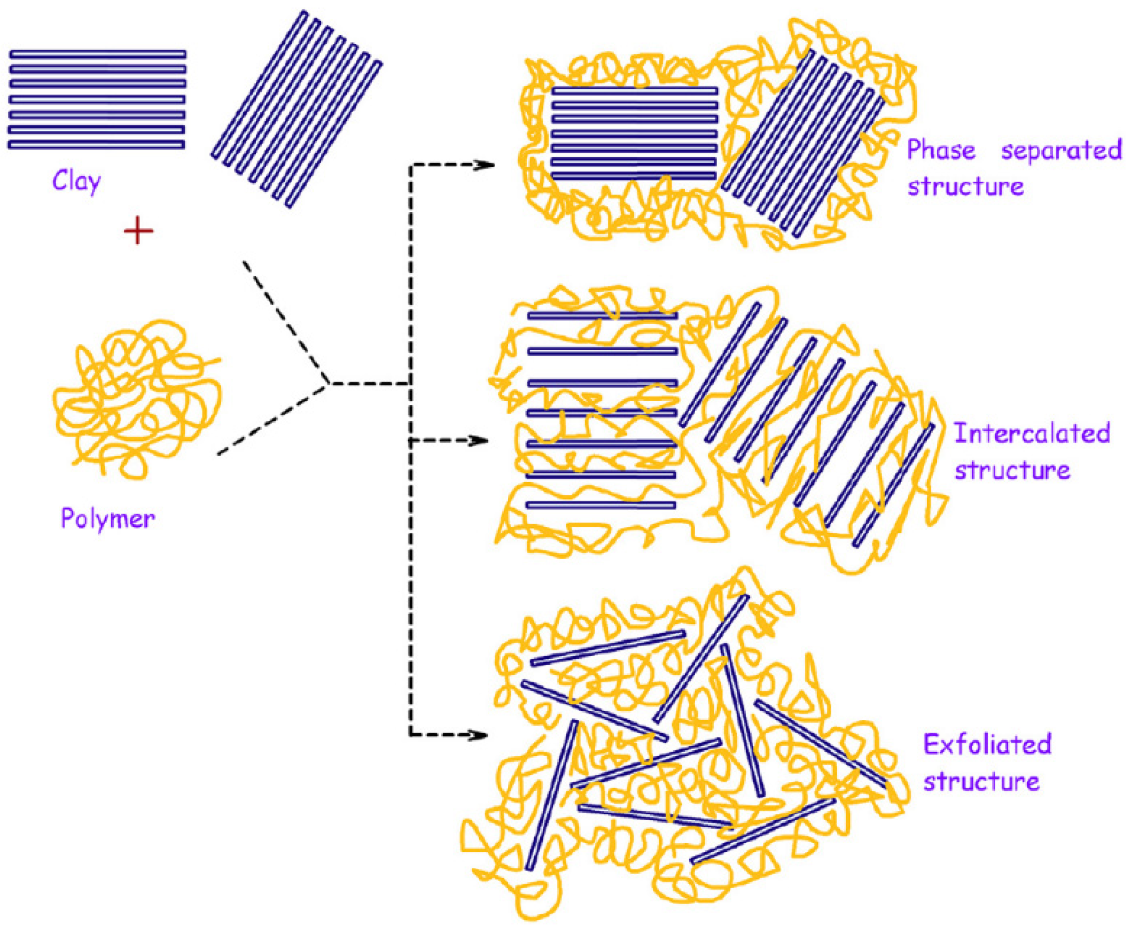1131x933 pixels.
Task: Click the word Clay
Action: click(76, 182)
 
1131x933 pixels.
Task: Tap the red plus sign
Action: click(138, 231)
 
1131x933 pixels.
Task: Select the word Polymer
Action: click(107, 519)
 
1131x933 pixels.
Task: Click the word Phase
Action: click(941, 150)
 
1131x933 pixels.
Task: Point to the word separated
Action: click(1062, 150)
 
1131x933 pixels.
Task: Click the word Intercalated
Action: click(1032, 433)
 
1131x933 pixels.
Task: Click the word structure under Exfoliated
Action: click(981, 781)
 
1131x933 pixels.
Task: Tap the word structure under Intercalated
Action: click(1012, 470)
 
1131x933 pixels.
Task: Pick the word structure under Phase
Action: click(965, 186)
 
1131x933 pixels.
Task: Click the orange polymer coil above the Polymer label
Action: click(137, 398)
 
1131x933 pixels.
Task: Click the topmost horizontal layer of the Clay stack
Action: click(97, 55)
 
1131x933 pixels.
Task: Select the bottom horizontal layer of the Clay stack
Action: click(96, 145)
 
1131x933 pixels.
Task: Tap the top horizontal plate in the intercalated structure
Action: click(602, 316)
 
